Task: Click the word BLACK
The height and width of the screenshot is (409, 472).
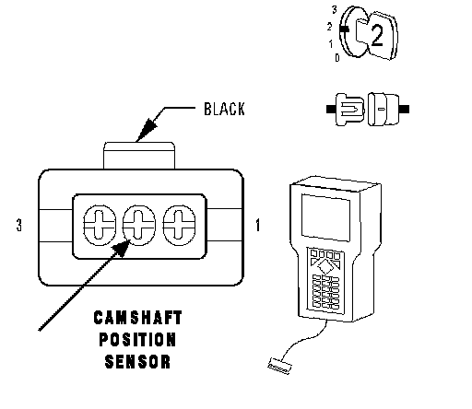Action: [x=224, y=109]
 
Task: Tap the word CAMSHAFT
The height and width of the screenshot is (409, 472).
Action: [x=137, y=318]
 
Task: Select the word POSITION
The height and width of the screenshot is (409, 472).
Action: [x=137, y=340]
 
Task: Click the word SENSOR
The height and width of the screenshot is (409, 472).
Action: [x=137, y=362]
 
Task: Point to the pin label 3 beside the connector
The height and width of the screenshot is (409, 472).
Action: [x=19, y=225]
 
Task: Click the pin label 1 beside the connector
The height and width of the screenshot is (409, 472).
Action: [x=258, y=225]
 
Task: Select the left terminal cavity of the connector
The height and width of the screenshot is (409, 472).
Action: [x=100, y=225]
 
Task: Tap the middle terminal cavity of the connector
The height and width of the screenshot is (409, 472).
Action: [x=139, y=225]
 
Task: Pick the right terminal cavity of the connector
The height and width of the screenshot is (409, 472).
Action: [x=179, y=225]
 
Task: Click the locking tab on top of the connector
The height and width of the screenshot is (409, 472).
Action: [x=139, y=156]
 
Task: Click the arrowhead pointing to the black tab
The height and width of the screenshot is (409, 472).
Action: [x=146, y=130]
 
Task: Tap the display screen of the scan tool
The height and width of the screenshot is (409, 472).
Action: [x=325, y=217]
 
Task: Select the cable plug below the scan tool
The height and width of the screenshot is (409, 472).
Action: [x=279, y=367]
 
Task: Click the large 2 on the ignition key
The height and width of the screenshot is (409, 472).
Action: [x=377, y=36]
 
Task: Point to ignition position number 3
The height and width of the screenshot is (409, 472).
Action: [x=335, y=10]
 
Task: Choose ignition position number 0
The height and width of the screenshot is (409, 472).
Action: [x=337, y=57]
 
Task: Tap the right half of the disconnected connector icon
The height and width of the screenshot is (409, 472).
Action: [x=388, y=109]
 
